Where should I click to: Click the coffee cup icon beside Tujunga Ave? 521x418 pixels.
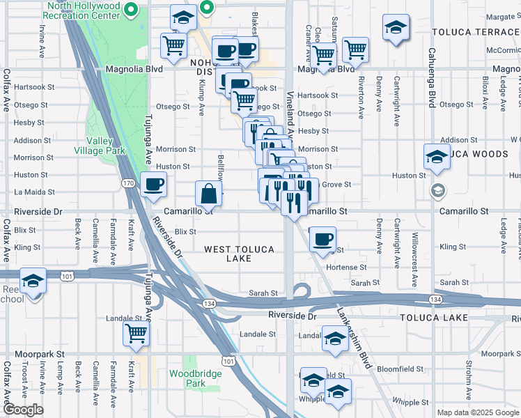tap(153, 185)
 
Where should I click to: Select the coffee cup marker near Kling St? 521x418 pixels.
tap(322, 239)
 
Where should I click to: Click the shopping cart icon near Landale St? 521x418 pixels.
tap(136, 332)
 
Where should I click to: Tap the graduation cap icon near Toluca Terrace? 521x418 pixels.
tap(396, 29)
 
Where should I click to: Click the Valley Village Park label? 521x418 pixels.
tap(100, 146)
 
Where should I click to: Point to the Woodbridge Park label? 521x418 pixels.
tap(196, 378)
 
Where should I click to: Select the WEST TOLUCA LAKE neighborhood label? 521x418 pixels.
tap(239, 254)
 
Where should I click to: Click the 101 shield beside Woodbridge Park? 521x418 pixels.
tap(228, 360)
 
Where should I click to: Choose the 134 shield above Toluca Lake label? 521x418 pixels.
tap(435, 299)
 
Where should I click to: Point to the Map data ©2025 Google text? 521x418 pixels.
tap(476, 412)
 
